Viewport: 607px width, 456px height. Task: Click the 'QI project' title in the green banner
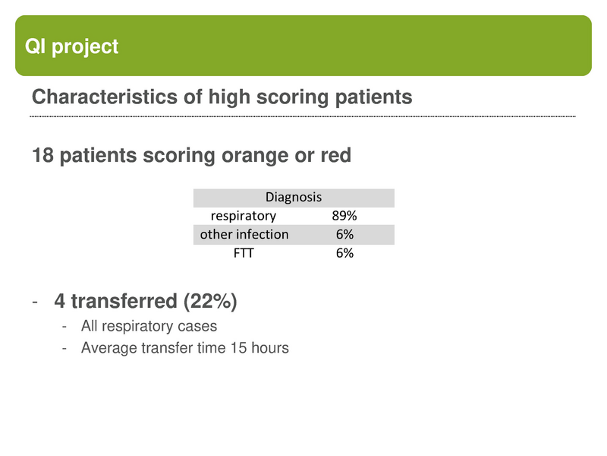click(x=72, y=46)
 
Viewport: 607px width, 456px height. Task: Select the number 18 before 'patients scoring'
click(x=42, y=156)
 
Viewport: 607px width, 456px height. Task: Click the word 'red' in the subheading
click(x=336, y=156)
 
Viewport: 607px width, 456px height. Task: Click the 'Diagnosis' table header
click(x=294, y=198)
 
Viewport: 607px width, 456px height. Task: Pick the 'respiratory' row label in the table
click(x=244, y=216)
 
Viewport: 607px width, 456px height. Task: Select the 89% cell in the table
click(x=344, y=216)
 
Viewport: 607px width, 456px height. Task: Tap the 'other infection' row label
click(x=244, y=234)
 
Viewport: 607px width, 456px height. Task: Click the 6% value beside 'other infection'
click(x=344, y=234)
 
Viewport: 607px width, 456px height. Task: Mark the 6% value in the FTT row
click(x=344, y=253)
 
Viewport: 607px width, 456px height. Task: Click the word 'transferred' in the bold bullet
click(x=122, y=302)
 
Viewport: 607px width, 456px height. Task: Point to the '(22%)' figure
click(x=209, y=302)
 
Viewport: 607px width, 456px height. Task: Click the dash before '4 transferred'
click(x=35, y=302)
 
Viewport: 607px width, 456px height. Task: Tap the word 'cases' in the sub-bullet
click(x=199, y=326)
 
